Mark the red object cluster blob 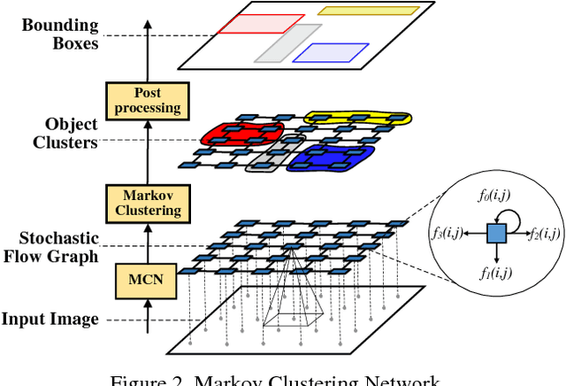[233, 134]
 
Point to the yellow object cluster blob [357, 119]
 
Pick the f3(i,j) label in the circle [448, 234]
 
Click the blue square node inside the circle [495, 234]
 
